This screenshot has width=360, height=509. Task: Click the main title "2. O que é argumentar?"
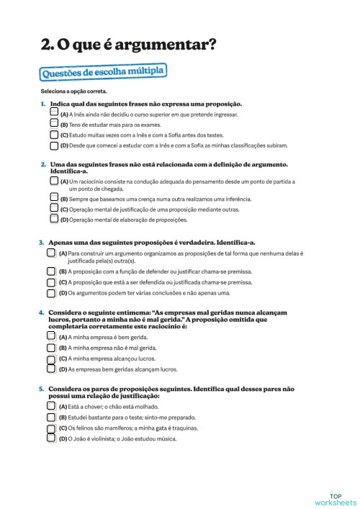(x=129, y=45)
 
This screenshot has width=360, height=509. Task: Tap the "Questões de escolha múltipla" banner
(x=104, y=72)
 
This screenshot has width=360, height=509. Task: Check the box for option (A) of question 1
(x=55, y=114)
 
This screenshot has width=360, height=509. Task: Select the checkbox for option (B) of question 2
(x=55, y=198)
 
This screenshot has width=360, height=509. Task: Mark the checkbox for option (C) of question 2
(x=55, y=208)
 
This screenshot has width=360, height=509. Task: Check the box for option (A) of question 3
(x=51, y=253)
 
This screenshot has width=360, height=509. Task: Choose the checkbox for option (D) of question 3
(x=51, y=293)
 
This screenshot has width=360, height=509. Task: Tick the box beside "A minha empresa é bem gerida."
(x=51, y=336)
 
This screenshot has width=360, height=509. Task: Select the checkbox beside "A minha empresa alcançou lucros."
(x=51, y=358)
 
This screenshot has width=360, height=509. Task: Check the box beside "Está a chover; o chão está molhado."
(x=51, y=406)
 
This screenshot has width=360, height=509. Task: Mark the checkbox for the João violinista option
(x=51, y=438)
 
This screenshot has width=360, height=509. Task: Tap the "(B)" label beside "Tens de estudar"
(x=64, y=125)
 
